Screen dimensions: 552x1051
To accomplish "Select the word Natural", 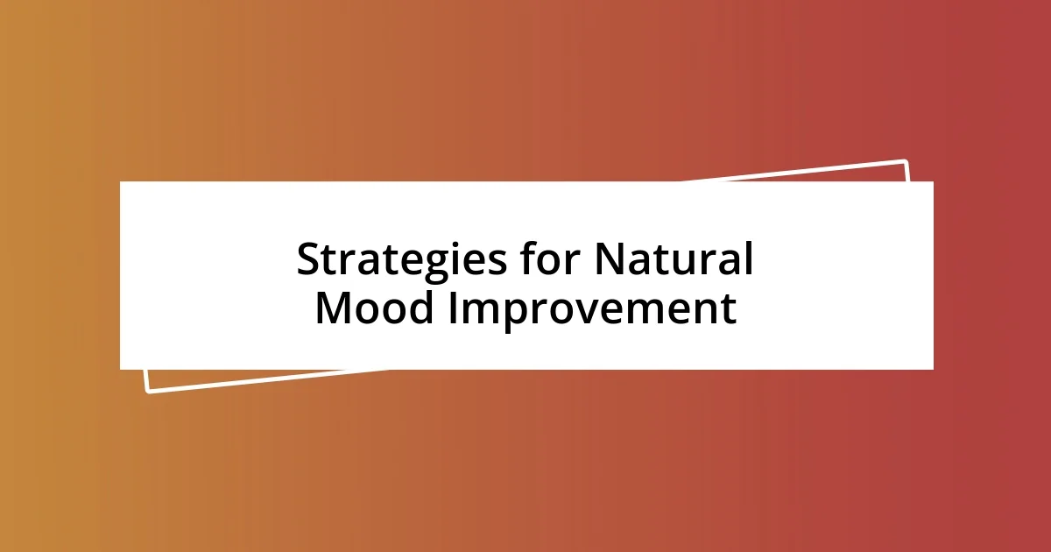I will (x=674, y=260).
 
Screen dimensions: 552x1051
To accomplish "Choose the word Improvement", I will (x=592, y=308).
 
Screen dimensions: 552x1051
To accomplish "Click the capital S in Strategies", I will (x=309, y=260).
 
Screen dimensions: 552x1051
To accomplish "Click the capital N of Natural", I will (x=610, y=260).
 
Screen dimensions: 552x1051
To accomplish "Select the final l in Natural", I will (x=747, y=259).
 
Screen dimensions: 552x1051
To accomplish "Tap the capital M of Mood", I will (x=333, y=308).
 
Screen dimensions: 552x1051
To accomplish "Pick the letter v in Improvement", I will (x=583, y=311).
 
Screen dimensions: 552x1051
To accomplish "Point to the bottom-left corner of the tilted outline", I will (x=148, y=390).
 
